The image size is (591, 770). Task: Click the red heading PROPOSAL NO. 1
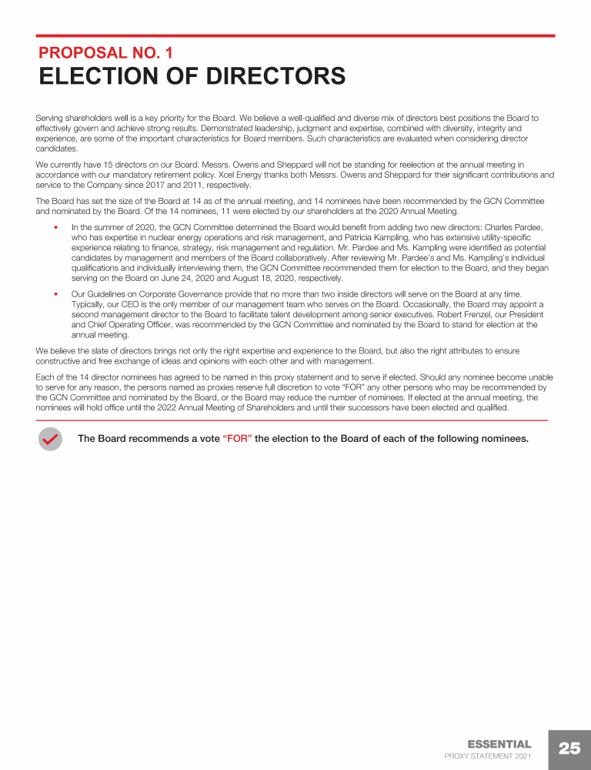pos(105,53)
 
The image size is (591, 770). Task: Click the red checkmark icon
pos(50,439)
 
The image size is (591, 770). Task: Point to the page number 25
pos(569,749)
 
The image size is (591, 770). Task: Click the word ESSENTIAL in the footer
pos(499,745)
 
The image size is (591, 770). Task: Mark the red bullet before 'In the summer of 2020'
pos(56,229)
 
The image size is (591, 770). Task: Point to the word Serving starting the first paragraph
pos(51,119)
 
